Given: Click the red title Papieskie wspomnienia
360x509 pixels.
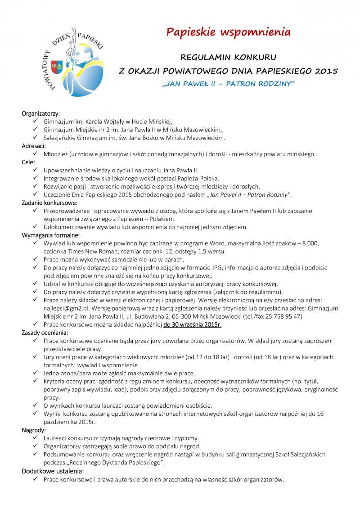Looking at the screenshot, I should tap(228, 32).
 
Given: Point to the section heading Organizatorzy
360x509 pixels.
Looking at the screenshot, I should tap(40, 113).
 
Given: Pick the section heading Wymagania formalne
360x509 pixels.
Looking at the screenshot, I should tap(51, 235).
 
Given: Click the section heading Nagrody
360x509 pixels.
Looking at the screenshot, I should tap(34, 430).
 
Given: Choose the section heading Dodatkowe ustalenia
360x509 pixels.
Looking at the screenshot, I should tap(53, 471).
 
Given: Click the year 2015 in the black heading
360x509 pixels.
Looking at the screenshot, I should tap(323, 71).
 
